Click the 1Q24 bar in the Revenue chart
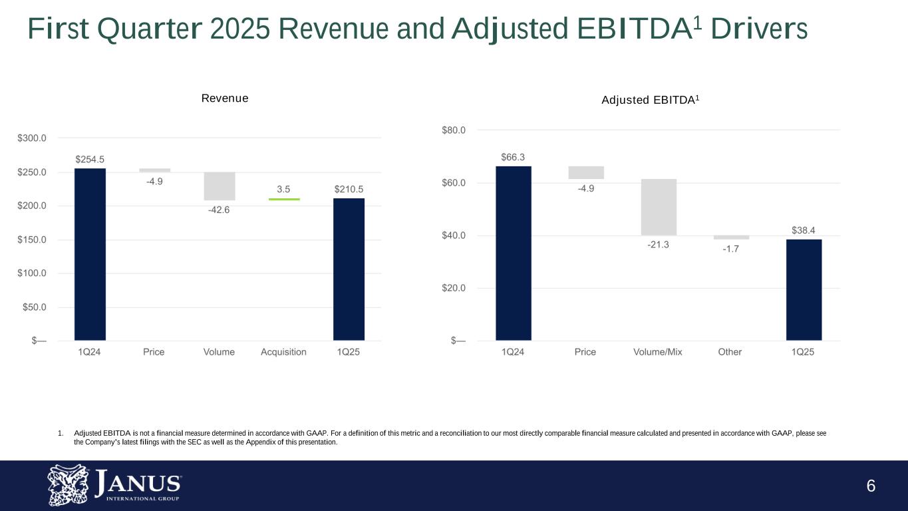coord(90,254)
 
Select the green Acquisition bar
coord(283,199)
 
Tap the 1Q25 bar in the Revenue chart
coord(349,269)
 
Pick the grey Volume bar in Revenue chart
coord(219,186)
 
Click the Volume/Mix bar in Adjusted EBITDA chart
coord(659,207)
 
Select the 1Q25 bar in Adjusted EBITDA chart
coord(804,289)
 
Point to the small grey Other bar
coord(731,238)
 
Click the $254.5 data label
coord(90,159)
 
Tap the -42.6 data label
coord(219,210)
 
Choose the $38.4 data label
coord(804,230)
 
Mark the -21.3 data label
coord(658,245)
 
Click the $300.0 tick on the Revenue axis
coord(31,138)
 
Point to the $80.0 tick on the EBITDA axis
coord(454,130)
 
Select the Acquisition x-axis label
coord(283,352)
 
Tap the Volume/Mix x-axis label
coord(658,352)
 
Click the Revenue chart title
coord(225,98)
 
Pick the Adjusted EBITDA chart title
coord(651,100)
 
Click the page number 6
coord(871,486)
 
